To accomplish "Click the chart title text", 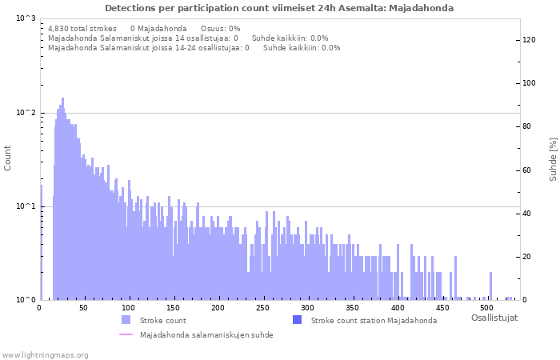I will click(279, 8).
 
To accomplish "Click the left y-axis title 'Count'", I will click(8, 158).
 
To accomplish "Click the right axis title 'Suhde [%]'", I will click(553, 158).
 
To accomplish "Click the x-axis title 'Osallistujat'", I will click(494, 318).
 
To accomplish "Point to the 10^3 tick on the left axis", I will click(26, 18).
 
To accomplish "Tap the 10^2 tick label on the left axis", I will click(26, 113).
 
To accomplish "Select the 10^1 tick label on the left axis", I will click(26, 206).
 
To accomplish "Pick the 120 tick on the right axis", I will click(530, 40).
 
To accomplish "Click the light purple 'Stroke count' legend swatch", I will click(126, 320).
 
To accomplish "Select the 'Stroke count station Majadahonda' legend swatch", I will click(297, 320).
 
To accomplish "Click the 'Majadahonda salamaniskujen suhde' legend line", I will click(126, 335).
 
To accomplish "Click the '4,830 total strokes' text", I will click(82, 28).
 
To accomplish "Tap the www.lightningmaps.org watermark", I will click(45, 354).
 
